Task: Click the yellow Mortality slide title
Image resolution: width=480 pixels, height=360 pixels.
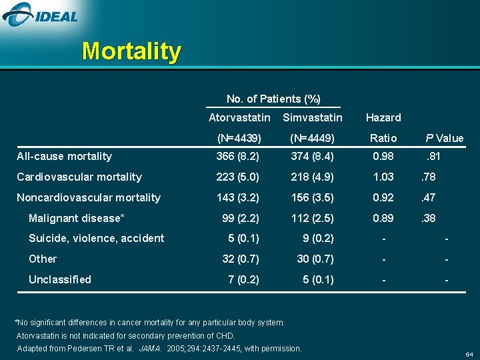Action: coord(131,51)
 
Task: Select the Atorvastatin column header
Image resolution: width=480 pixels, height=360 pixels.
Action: coord(239,118)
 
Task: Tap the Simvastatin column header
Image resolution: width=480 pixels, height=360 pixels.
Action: coord(313,118)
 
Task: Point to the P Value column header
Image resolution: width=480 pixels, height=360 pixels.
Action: coord(445,139)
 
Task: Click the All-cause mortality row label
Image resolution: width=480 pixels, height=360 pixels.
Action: coord(64,156)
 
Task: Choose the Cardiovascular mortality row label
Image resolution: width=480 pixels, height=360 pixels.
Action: coord(79,177)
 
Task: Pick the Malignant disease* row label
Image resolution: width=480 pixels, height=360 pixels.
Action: coord(77,218)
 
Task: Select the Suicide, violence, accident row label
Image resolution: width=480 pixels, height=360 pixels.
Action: coord(96,238)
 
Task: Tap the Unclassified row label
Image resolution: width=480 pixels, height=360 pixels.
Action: coord(59,279)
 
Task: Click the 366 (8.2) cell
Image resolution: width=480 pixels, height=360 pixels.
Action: coord(238,156)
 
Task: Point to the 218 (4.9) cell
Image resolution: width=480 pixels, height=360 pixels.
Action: coord(312,177)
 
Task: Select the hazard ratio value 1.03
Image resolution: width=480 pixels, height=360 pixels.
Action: coord(383,177)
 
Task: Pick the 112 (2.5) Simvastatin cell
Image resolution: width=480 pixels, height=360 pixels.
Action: coord(312,218)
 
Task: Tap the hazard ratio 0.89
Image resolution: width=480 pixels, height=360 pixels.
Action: coord(383,218)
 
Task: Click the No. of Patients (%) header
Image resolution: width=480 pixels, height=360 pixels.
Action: coord(273,99)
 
